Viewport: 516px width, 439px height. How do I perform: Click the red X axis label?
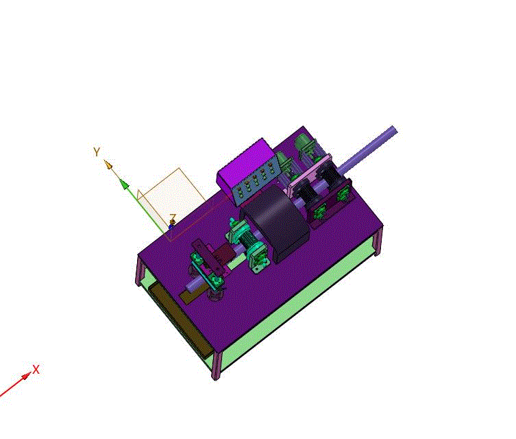36,369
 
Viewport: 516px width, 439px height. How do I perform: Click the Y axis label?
97,152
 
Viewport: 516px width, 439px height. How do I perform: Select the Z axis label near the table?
173,217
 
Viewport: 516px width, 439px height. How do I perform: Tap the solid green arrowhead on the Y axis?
124,184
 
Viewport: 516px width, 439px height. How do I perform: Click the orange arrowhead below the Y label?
108,164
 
